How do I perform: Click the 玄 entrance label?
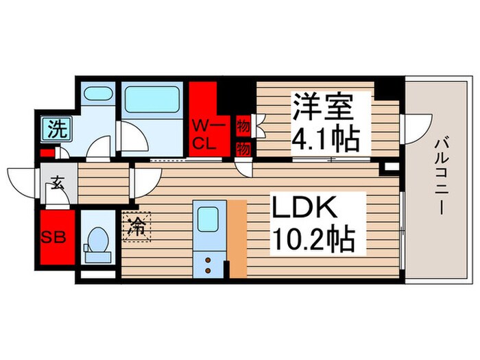pyautogui.click(x=56, y=183)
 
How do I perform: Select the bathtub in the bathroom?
pyautogui.click(x=153, y=99)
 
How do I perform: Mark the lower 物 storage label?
pyautogui.click(x=242, y=147)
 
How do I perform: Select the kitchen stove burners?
pyautogui.click(x=206, y=263)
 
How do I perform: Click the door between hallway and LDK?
pyautogui.click(x=143, y=181)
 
